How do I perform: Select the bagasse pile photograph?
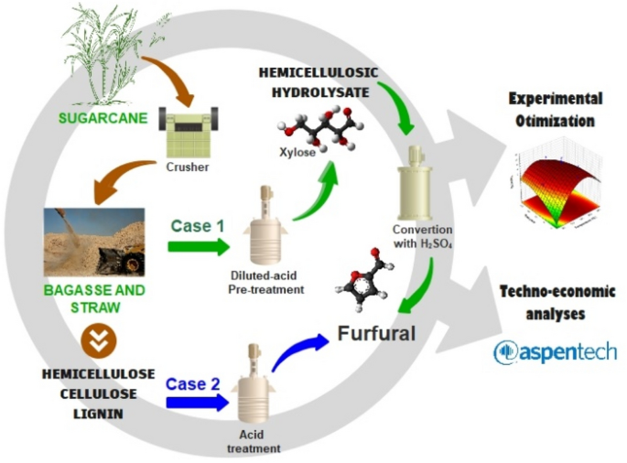94,241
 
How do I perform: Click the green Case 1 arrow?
200,246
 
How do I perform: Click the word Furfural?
376,332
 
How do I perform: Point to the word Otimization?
555,120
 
